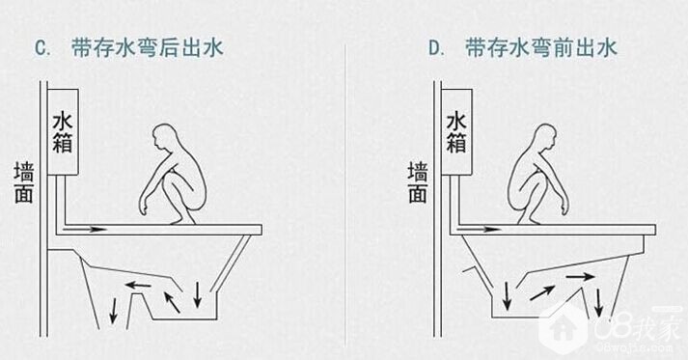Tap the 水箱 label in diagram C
(63, 133)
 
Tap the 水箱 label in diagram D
(456, 133)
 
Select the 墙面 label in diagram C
(24, 182)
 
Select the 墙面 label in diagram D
(418, 182)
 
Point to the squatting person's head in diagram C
(163, 137)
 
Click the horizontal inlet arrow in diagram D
(480, 229)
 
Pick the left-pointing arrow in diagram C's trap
(138, 286)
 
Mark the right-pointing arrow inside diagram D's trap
(580, 277)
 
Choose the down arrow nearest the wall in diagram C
(114, 311)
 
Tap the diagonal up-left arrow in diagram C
(172, 302)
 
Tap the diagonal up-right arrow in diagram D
(542, 292)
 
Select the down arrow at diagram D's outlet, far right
(598, 303)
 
